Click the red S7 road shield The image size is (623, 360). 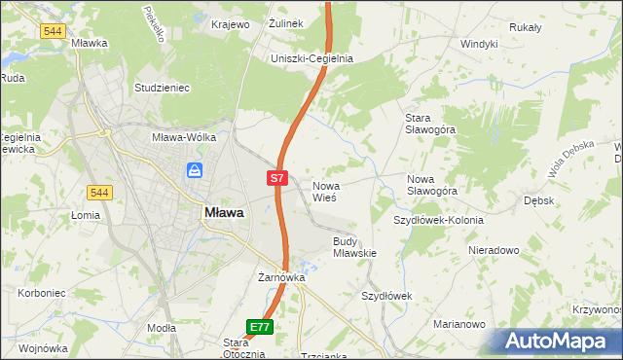pyautogui.click(x=277, y=178)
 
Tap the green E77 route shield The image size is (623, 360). pyautogui.click(x=259, y=328)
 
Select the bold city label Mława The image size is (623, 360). pyautogui.click(x=224, y=211)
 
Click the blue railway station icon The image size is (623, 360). pyautogui.click(x=196, y=171)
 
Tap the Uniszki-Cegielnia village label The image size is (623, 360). pyautogui.click(x=311, y=58)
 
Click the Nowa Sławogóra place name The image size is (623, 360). pyautogui.click(x=432, y=185)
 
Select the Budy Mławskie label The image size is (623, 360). pyautogui.click(x=354, y=246)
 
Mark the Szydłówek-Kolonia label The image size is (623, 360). pyautogui.click(x=438, y=220)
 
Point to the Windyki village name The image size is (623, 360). pyautogui.click(x=479, y=44)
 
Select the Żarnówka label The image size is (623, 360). pyautogui.click(x=281, y=277)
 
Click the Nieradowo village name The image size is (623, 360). pyautogui.click(x=494, y=250)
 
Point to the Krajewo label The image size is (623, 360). pyautogui.click(x=231, y=23)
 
